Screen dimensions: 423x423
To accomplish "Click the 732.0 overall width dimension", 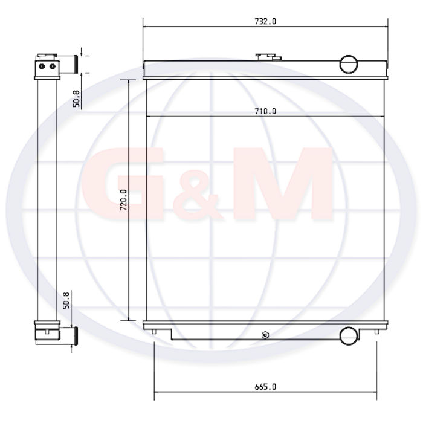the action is (x=265, y=21).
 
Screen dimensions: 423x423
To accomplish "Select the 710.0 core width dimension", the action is (x=265, y=111).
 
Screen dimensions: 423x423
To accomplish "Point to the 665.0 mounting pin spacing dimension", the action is (x=265, y=387).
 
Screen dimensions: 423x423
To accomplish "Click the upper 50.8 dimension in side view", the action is (x=77, y=98).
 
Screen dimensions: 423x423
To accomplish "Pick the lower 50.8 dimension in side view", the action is (x=66, y=300).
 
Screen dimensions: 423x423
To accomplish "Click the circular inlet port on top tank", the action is (x=348, y=64).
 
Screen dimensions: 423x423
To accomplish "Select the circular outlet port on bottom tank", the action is (x=349, y=335).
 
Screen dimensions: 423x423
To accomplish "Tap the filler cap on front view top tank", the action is (x=268, y=57).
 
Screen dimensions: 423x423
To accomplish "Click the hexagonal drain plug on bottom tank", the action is (x=265, y=335).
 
